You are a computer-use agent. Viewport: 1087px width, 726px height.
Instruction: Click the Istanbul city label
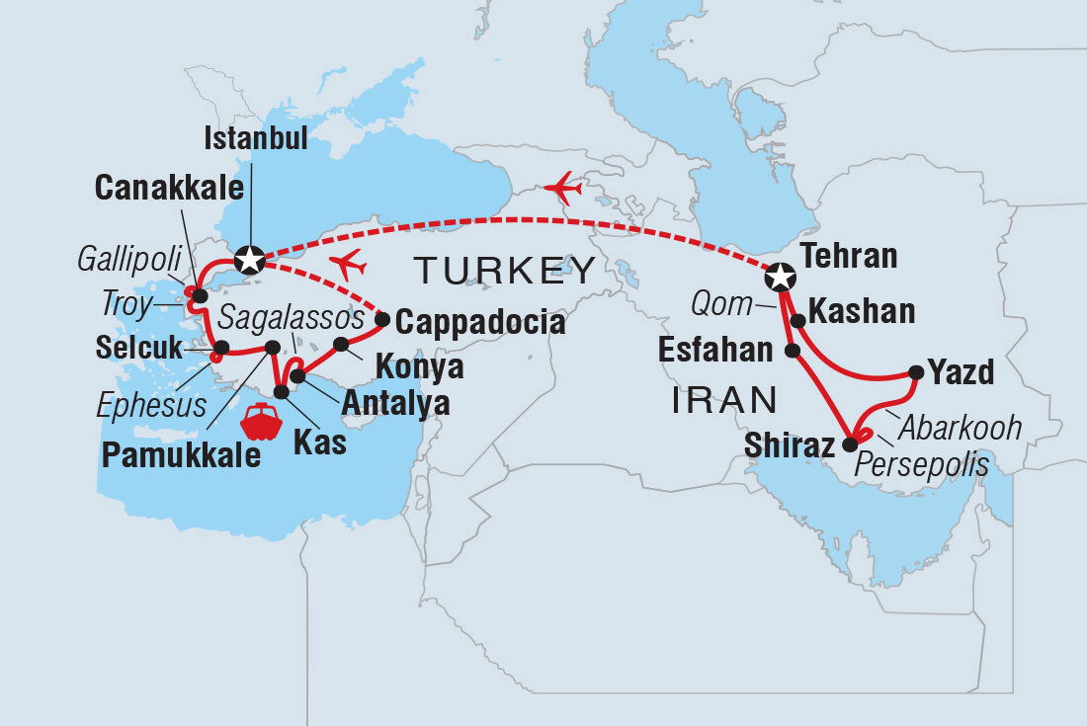click(255, 138)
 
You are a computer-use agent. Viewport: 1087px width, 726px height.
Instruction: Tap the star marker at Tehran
click(781, 277)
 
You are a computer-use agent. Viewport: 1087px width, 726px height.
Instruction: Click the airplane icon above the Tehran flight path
click(562, 187)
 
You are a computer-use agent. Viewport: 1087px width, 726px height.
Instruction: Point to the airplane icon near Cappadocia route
click(347, 265)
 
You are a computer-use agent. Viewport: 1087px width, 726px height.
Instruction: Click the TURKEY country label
click(505, 270)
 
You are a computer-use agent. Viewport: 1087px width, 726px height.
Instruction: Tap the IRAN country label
click(723, 399)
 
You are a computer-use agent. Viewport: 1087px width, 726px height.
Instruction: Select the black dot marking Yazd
click(916, 372)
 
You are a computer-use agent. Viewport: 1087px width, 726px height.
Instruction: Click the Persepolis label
click(923, 464)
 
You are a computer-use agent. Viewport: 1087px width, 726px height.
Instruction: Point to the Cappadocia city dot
click(382, 318)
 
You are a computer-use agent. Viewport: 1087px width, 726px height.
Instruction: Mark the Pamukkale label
click(182, 456)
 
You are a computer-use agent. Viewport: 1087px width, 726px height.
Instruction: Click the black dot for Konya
click(341, 345)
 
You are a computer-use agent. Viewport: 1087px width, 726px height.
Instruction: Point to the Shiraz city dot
click(850, 444)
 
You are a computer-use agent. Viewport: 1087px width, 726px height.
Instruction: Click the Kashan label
click(861, 312)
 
